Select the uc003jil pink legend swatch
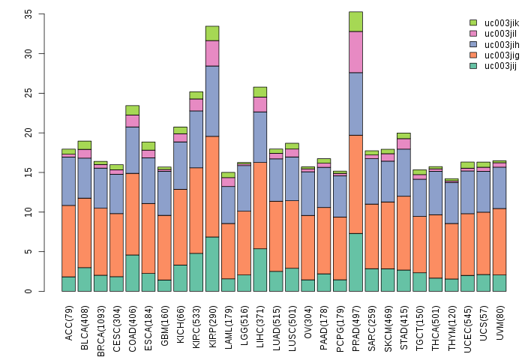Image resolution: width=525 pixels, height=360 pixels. pos(473,34)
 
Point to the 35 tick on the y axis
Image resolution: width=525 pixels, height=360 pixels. pos(28,14)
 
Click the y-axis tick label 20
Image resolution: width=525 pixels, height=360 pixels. pos(28,133)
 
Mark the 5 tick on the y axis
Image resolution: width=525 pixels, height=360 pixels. pos(28,251)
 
